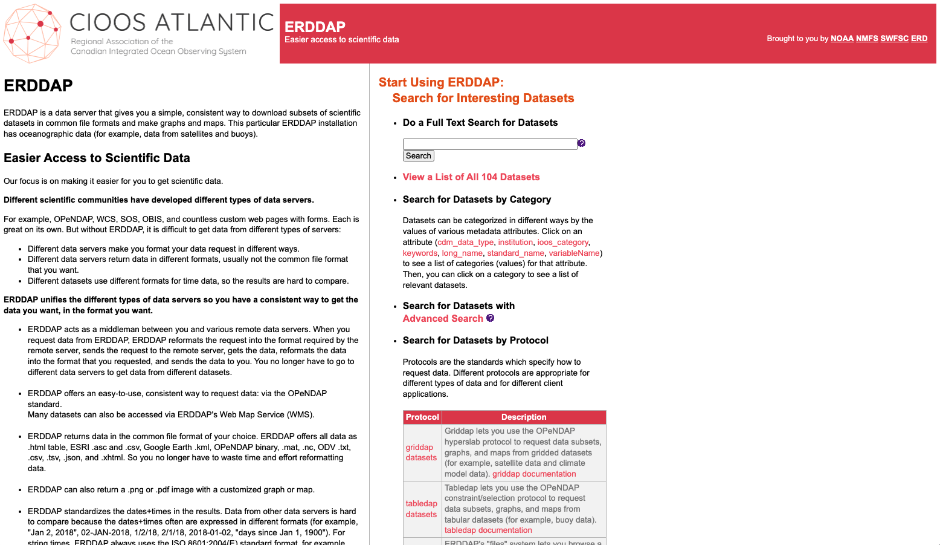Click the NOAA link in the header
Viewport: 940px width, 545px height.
[x=842, y=39]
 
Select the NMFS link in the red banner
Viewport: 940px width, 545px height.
[x=867, y=39]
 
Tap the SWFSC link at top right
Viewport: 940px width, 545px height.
[x=894, y=39]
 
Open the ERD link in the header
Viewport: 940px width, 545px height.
[x=919, y=39]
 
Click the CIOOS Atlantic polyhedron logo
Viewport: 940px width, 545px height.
[x=33, y=33]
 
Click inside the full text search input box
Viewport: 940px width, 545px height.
[x=489, y=144]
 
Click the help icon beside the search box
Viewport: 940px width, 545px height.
[x=581, y=143]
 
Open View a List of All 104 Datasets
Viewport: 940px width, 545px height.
[x=471, y=177]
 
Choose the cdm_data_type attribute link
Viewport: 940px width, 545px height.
[x=465, y=243]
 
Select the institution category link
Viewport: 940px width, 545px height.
[x=515, y=243]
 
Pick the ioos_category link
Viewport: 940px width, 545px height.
[x=562, y=243]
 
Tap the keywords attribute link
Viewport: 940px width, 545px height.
[x=420, y=253]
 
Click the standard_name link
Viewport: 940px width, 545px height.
[x=515, y=253]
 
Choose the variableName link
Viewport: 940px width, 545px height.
[x=574, y=253]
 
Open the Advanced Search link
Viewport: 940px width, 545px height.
[x=443, y=319]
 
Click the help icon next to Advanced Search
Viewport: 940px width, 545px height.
[x=490, y=318]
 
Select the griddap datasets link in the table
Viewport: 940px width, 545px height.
[x=420, y=452]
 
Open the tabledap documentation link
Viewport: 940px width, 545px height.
[x=488, y=530]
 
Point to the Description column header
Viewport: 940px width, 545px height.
[x=523, y=417]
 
